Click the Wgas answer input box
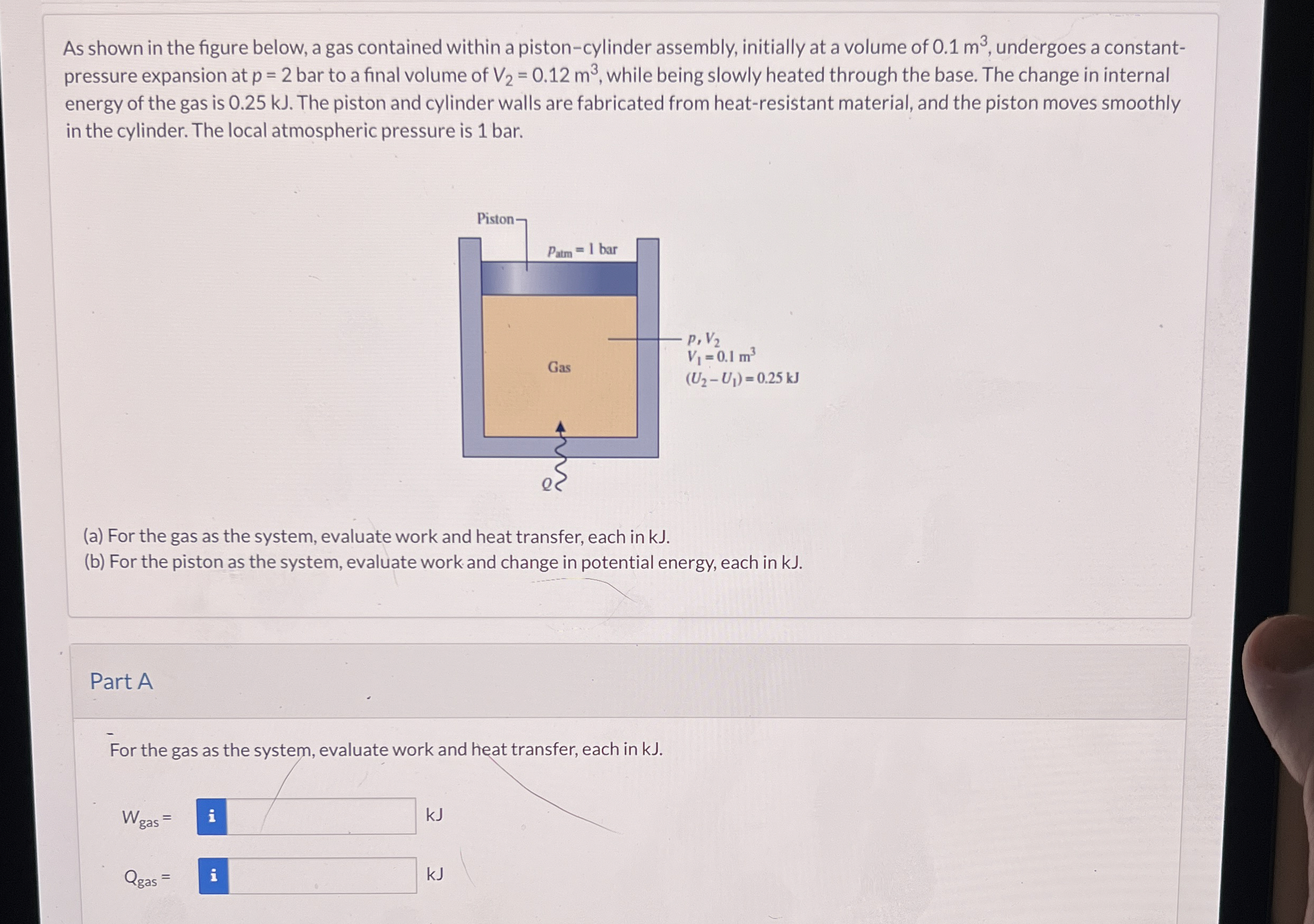click(x=320, y=816)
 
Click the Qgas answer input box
click(x=322, y=875)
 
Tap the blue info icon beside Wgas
click(x=212, y=816)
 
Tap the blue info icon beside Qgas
click(x=214, y=875)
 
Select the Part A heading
click(x=121, y=681)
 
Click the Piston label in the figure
click(x=496, y=219)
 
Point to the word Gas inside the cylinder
click(x=559, y=367)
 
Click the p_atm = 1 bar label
click(x=582, y=250)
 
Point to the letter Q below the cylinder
click(x=547, y=485)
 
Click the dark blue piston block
click(x=559, y=279)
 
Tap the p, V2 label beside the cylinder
click(x=704, y=340)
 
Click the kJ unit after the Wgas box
click(x=434, y=815)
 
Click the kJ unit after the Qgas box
click(x=435, y=874)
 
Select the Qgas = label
click(x=147, y=878)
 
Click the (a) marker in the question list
click(x=93, y=537)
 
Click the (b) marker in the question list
click(x=95, y=562)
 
